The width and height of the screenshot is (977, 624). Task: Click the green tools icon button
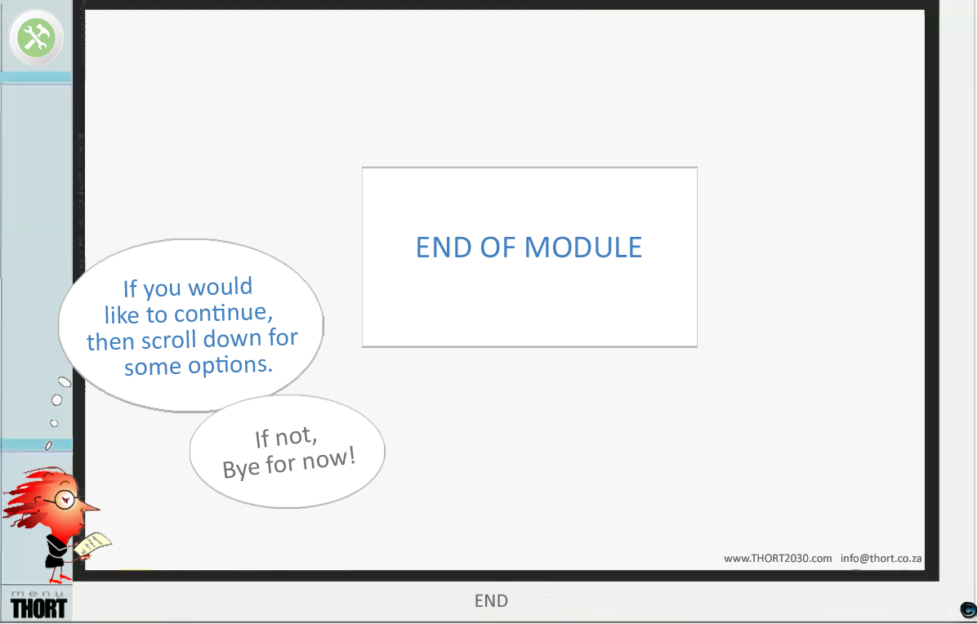(35, 38)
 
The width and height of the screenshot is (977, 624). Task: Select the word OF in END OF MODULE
(498, 247)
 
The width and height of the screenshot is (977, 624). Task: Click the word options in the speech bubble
(231, 365)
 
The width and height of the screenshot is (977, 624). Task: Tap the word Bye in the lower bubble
(241, 470)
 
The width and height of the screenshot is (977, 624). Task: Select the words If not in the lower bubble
(286, 438)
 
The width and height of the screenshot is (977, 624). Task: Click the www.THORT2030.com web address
(778, 559)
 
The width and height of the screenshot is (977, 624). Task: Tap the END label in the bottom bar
(491, 602)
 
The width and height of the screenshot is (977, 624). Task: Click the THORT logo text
(38, 608)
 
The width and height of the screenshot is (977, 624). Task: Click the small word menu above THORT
(38, 592)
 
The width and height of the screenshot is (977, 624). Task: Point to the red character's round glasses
(64, 498)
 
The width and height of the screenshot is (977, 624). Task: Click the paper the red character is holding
(94, 544)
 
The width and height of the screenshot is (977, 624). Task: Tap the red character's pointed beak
(89, 506)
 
